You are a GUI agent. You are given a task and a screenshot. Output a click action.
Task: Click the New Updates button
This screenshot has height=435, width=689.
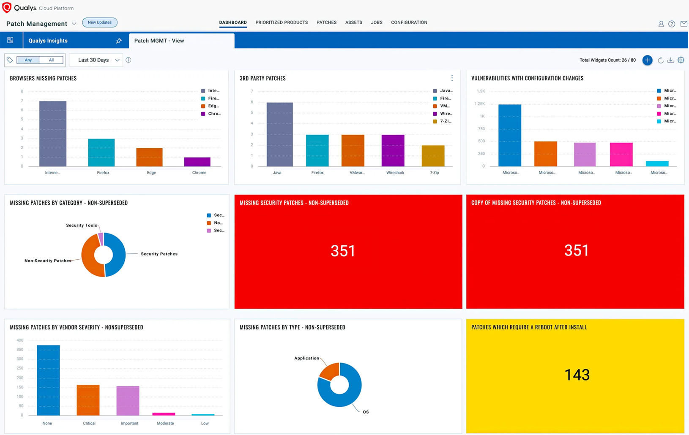(100, 22)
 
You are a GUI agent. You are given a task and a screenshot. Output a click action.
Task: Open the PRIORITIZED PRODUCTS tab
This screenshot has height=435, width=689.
(282, 22)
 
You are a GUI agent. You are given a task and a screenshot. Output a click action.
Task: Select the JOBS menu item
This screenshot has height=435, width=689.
(377, 22)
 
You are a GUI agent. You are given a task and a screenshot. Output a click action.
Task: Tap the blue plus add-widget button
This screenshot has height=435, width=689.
(647, 60)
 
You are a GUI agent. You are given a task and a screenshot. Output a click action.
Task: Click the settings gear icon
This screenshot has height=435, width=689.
(681, 60)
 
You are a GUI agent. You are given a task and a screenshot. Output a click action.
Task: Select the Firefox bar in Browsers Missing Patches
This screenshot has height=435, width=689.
(101, 152)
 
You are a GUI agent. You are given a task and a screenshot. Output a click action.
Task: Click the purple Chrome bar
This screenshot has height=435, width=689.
(197, 162)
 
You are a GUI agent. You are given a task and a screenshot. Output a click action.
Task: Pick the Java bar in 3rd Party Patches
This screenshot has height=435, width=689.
(279, 134)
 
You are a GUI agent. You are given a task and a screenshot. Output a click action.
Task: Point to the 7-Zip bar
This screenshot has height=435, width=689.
(433, 156)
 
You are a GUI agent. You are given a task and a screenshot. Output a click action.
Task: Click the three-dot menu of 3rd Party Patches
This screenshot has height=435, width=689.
(452, 78)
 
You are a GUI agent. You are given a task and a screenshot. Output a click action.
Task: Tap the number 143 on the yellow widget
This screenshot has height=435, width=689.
(577, 375)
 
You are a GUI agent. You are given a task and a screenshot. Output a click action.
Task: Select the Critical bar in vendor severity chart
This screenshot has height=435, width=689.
(88, 400)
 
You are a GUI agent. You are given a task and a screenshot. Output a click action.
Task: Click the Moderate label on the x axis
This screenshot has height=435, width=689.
(165, 423)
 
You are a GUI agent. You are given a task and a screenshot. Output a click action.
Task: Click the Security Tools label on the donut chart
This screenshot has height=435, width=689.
(82, 226)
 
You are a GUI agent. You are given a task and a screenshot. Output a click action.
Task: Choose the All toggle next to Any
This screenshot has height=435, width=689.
(52, 60)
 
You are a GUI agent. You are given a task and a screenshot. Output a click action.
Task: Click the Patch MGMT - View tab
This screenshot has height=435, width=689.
(159, 41)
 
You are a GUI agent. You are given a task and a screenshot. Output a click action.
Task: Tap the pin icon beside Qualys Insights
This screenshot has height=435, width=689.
(119, 41)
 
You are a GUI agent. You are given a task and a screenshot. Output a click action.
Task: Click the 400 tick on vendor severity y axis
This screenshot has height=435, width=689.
(20, 340)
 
